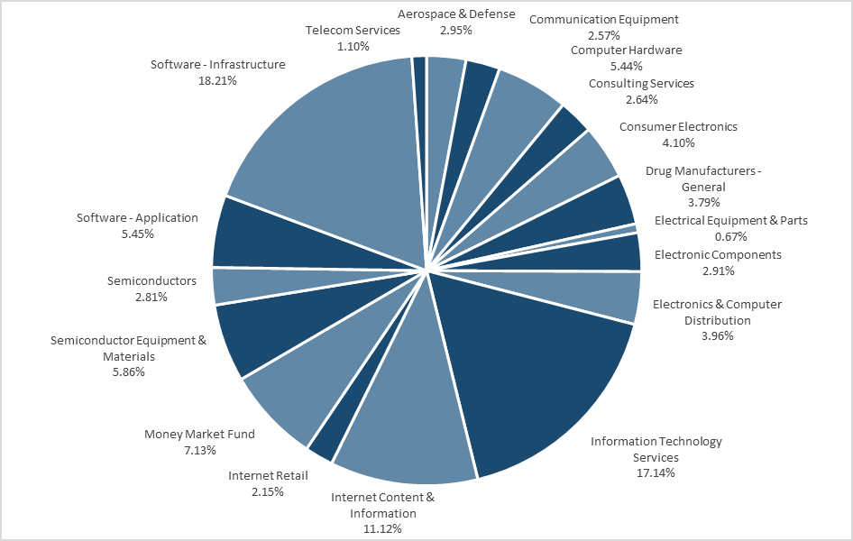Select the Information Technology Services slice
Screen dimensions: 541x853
[541, 379]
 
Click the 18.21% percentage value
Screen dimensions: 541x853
[217, 80]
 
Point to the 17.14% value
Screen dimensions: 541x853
[656, 472]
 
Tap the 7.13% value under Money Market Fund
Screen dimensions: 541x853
[199, 449]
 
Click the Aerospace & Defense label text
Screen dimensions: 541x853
[456, 14]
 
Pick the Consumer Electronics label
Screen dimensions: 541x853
[678, 126]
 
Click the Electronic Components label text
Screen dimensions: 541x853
[718, 254]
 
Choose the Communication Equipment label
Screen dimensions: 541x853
[604, 19]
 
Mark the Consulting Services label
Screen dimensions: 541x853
[641, 83]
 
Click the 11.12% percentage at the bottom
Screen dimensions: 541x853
[382, 528]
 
